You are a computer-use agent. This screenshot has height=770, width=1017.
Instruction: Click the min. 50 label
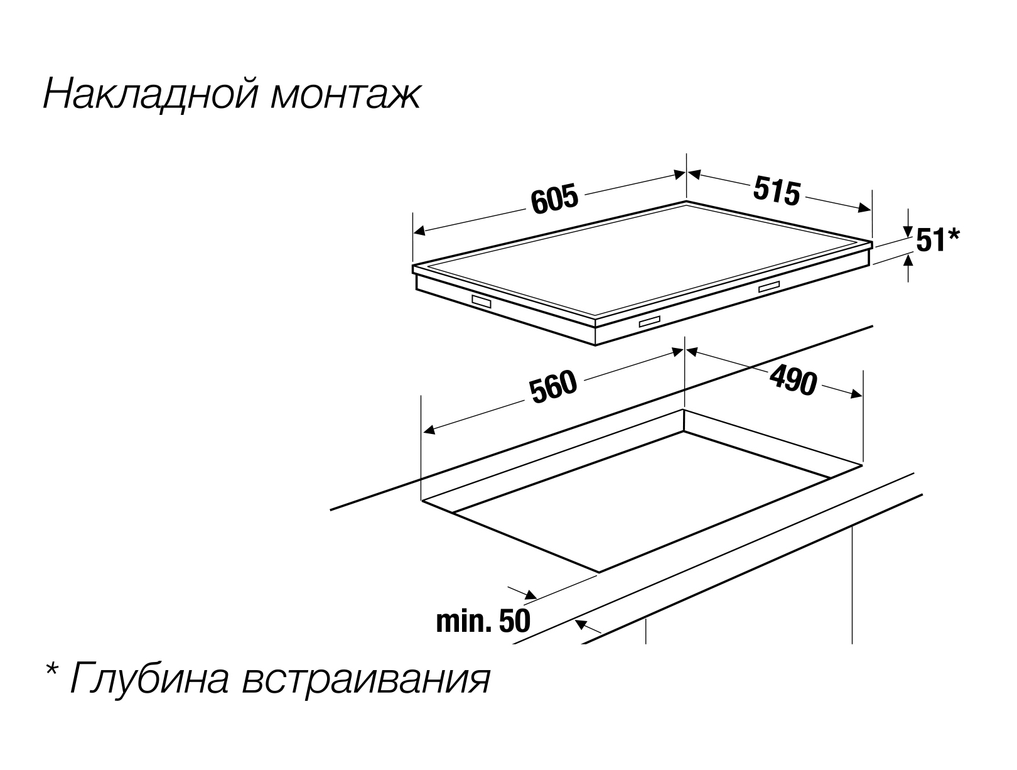pyautogui.click(x=483, y=621)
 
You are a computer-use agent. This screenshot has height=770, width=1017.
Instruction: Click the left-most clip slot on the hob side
pyautogui.click(x=482, y=302)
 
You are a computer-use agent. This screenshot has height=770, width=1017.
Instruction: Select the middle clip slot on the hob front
pyautogui.click(x=650, y=322)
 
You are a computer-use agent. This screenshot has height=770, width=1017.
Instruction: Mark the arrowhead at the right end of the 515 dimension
pyautogui.click(x=866, y=208)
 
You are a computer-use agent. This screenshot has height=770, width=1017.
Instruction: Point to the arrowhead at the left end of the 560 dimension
pyautogui.click(x=429, y=430)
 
